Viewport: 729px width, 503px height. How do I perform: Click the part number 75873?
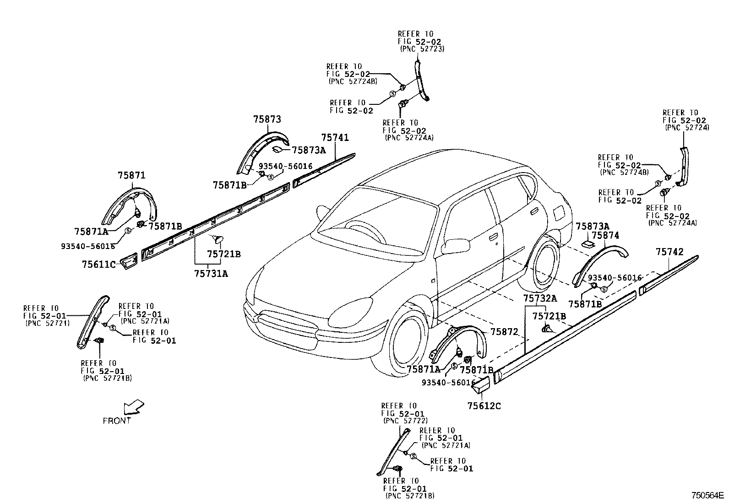[x=267, y=119]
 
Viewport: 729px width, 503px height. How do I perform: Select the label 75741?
[x=335, y=137]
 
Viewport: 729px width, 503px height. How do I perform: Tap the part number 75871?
[x=131, y=175]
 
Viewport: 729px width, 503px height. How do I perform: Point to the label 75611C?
[x=99, y=265]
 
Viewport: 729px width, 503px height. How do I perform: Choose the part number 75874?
[x=605, y=236]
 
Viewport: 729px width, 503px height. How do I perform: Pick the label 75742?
[x=669, y=252]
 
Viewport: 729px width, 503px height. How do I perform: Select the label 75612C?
[x=484, y=406]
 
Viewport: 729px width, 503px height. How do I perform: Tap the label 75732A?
[x=540, y=298]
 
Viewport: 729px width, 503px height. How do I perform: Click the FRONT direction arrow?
[x=134, y=407]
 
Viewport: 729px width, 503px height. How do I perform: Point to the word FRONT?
[x=117, y=421]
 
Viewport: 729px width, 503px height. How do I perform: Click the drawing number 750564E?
[x=707, y=495]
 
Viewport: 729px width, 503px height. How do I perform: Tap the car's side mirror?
[x=456, y=245]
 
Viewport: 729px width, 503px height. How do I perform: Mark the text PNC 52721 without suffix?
[x=48, y=323]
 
